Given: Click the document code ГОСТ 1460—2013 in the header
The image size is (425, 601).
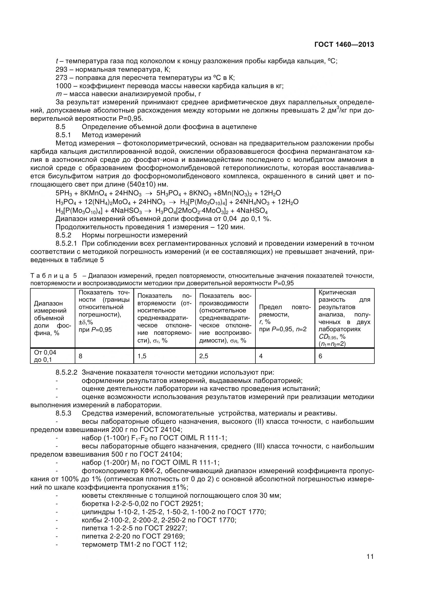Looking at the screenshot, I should [x=344, y=45].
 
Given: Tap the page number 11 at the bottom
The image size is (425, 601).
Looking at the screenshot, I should [x=370, y=564].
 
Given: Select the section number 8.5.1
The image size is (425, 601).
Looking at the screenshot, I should [x=63, y=135].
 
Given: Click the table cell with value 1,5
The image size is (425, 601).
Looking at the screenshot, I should [x=164, y=356].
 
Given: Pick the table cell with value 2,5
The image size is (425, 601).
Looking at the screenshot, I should [x=225, y=356].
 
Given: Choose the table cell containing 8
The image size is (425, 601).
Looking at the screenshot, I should [x=104, y=356].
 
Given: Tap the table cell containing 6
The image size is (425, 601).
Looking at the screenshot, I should [x=344, y=356].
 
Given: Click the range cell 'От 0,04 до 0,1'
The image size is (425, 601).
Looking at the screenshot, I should [x=53, y=356].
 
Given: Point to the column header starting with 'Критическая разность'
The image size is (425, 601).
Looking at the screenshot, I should [x=344, y=318].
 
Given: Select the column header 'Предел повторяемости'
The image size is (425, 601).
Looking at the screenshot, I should [x=285, y=318].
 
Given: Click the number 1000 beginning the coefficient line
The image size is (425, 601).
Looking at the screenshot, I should [x=63, y=86].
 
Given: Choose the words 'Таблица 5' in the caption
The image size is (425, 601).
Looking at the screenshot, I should [x=54, y=276].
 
